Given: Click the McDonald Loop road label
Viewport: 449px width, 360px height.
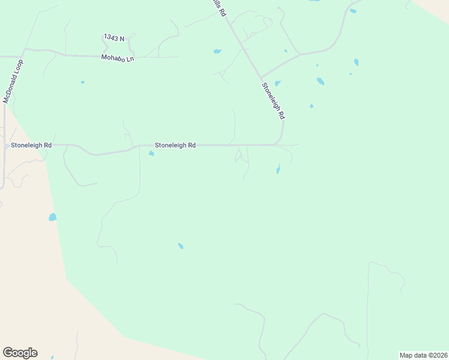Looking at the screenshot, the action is [13, 81].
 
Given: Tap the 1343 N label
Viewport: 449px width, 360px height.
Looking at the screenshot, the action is [114, 38].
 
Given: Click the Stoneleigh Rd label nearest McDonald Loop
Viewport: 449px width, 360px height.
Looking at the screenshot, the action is [31, 145].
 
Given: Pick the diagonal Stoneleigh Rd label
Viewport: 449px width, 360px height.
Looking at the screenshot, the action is [273, 100].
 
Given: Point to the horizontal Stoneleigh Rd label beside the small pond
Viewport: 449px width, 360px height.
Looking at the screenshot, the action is [175, 145].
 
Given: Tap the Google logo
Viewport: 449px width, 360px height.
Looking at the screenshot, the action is [20, 352].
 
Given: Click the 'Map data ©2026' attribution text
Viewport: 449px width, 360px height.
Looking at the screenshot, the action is [423, 355].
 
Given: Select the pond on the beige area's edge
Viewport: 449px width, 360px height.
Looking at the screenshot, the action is [53, 217].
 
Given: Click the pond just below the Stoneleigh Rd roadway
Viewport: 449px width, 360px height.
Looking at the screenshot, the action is [151, 154].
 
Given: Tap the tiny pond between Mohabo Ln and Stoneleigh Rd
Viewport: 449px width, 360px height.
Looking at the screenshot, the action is [82, 82].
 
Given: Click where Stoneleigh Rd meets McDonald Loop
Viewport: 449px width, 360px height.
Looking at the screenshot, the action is [5, 145].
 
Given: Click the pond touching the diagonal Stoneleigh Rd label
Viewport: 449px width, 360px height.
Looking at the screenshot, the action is [277, 83].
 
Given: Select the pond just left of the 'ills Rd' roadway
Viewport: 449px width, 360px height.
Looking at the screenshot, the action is [217, 52].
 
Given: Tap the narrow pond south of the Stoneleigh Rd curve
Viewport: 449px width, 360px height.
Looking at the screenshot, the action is [278, 169].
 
